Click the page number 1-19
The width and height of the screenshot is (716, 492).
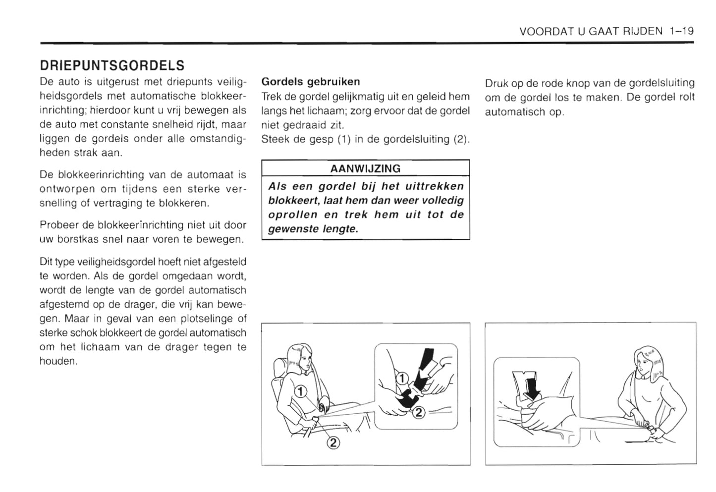pos(680,31)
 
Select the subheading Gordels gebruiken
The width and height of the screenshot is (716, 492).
pos(310,81)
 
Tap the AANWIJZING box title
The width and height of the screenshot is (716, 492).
pos(365,168)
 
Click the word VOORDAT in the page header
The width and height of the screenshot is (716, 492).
pos(540,31)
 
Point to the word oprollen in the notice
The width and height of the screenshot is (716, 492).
pos(292,215)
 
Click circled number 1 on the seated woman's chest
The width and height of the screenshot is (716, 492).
pos(300,392)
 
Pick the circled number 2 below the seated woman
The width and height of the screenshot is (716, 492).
pos(333,442)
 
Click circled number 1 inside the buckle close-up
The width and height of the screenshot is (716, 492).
pos(402,380)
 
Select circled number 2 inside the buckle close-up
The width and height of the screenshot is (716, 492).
pos(418,411)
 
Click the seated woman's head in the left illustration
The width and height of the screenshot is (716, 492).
pos(302,357)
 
